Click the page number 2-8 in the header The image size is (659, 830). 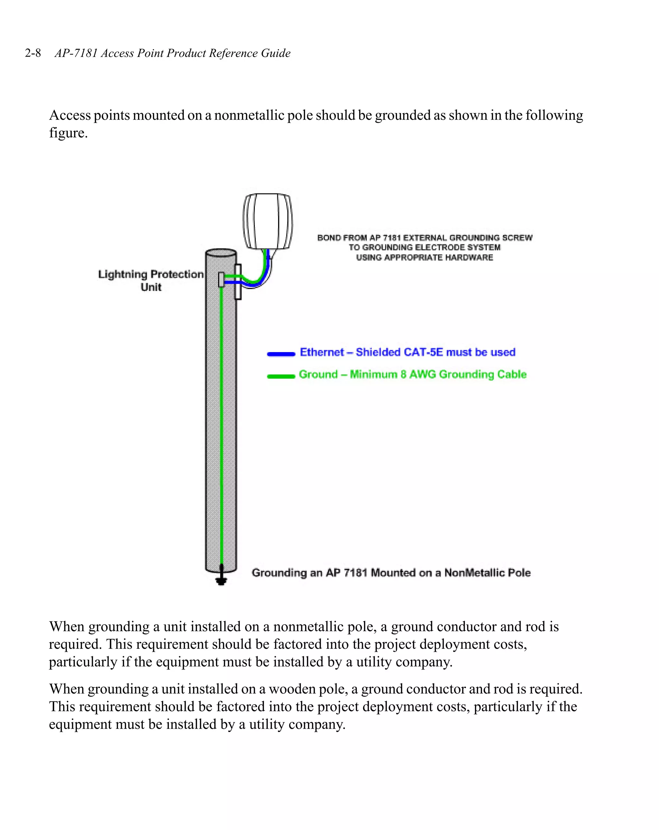click(33, 53)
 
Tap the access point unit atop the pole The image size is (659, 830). click(267, 221)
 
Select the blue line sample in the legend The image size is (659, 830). click(281, 354)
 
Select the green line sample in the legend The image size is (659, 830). click(281, 376)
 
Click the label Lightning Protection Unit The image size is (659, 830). click(151, 280)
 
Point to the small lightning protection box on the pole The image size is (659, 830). click(221, 279)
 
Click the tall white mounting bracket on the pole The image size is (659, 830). click(238, 282)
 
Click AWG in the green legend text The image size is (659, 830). click(422, 374)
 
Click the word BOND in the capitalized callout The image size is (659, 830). click(329, 238)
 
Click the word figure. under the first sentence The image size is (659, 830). click(68, 133)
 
